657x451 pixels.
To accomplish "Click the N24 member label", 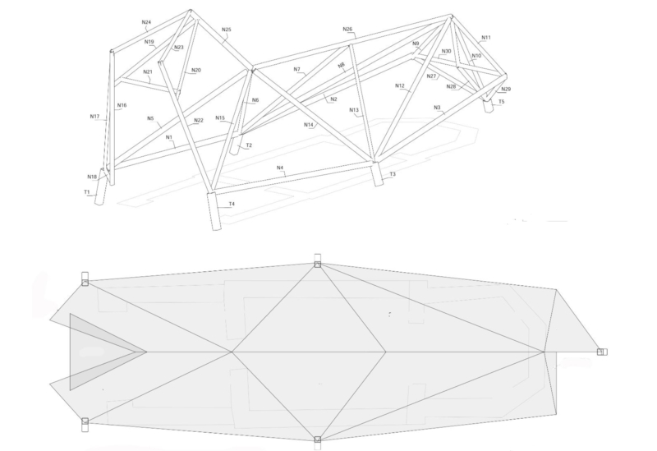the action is [146, 22].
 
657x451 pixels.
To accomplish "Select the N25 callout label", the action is [227, 30].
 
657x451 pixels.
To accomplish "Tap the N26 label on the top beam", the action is [347, 29].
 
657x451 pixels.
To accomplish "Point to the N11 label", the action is [485, 37].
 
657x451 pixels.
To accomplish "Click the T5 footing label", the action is [502, 101].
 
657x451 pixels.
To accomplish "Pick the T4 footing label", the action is [232, 204].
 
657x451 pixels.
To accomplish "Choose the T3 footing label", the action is [393, 174].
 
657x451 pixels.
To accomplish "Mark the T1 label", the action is [87, 192].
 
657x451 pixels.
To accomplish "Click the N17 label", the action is [94, 116].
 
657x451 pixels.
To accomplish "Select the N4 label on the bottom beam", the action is [280, 168].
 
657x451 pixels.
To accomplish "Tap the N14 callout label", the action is [309, 125].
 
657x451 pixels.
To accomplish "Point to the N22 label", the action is [199, 120].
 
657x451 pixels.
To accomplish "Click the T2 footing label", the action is [249, 145].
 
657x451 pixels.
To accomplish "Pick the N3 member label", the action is [437, 108].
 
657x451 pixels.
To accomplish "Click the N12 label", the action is [400, 85].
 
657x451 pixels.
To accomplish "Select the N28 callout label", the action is [451, 86].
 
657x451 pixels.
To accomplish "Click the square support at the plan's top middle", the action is [318, 264].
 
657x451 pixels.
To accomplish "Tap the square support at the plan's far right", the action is [600, 352].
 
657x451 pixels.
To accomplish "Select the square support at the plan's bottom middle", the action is [318, 439].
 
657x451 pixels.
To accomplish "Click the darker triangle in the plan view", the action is [95, 352].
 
